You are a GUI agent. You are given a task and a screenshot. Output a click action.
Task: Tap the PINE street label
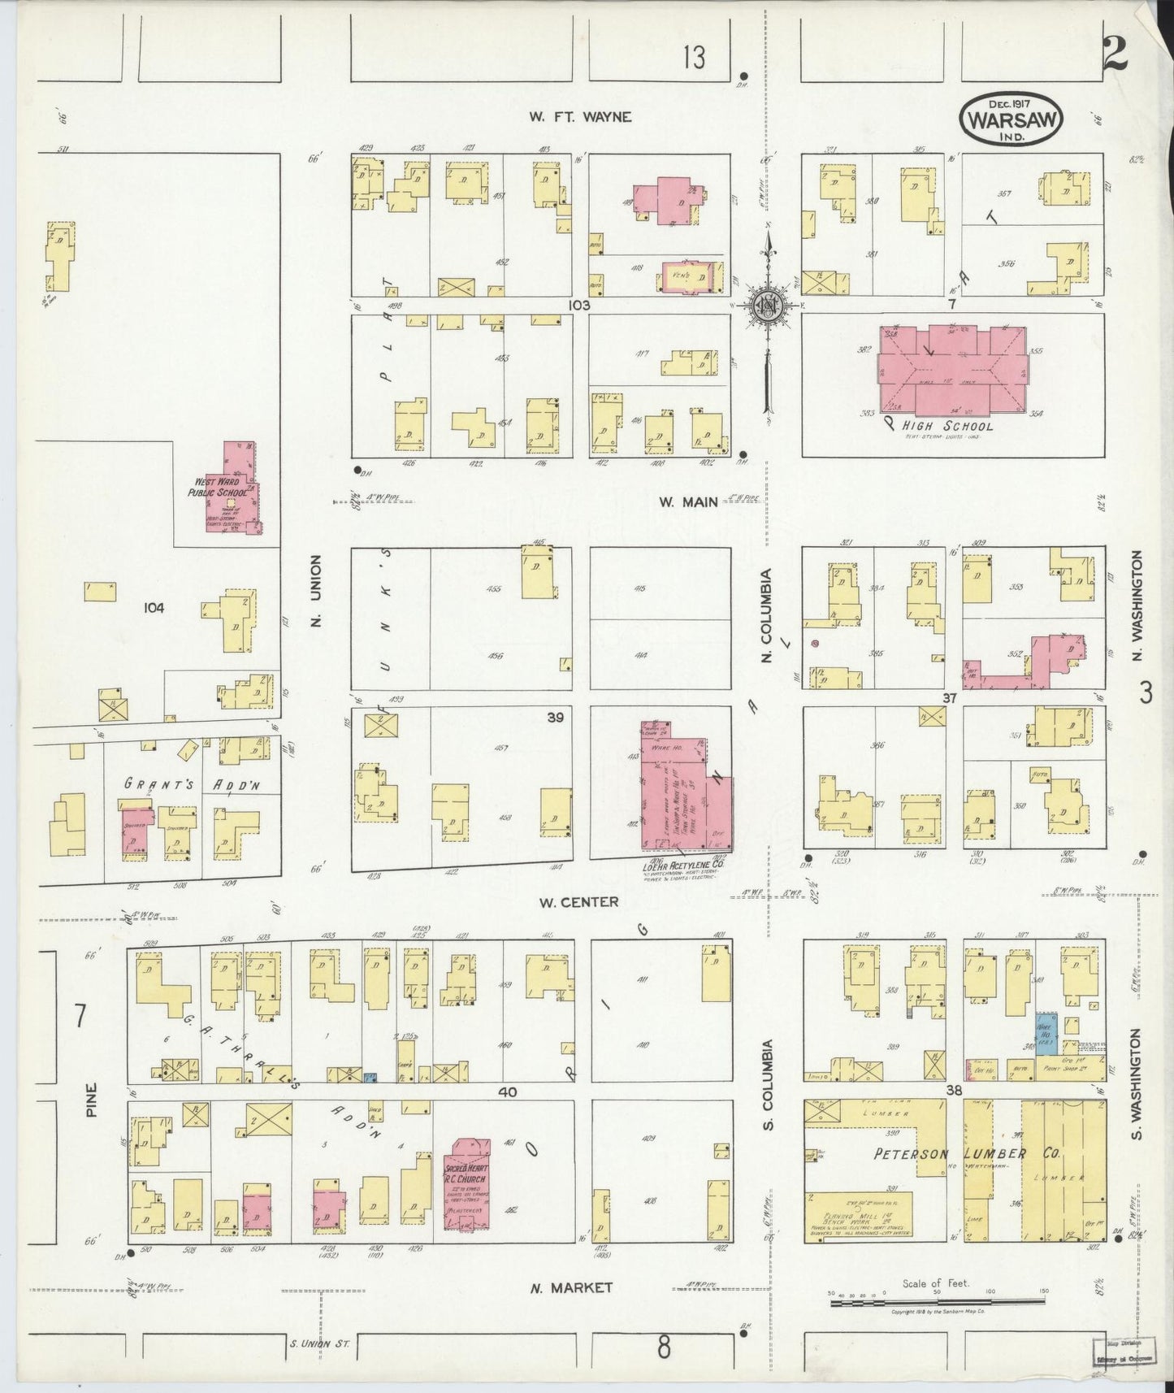coord(91,1099)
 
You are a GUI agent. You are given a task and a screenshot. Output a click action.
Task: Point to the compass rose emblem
coord(768,306)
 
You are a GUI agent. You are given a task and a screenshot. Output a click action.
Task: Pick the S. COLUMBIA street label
coord(769,1084)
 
